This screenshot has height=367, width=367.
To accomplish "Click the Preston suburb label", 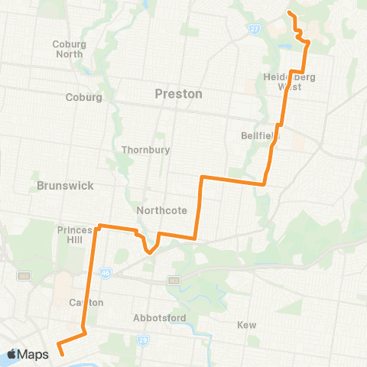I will (x=178, y=94).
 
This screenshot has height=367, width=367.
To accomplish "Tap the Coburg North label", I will (x=69, y=49).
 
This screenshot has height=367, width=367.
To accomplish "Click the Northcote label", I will (x=156, y=210).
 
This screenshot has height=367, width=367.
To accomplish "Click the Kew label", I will (x=246, y=325).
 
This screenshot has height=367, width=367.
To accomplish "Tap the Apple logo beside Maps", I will (x=12, y=354).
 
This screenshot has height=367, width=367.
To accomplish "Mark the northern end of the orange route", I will (x=289, y=14).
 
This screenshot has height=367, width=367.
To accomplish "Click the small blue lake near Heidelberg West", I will (x=285, y=45).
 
